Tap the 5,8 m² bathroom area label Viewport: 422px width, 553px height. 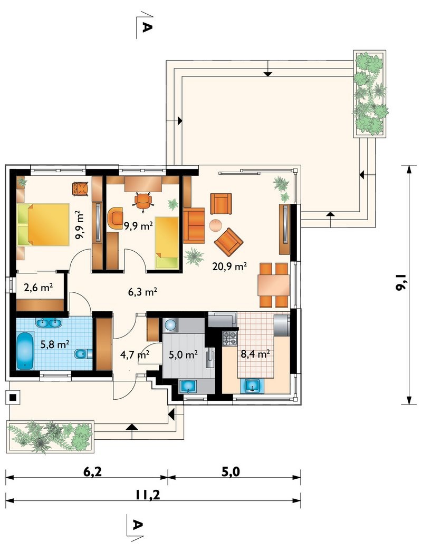[54, 344]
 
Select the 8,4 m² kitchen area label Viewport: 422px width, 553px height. [255, 354]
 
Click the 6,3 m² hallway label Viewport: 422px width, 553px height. [142, 292]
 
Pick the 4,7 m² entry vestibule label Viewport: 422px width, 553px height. [135, 354]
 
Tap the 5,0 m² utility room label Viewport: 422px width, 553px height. [183, 354]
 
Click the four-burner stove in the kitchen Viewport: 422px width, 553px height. [229, 339]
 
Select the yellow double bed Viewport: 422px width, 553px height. [43, 224]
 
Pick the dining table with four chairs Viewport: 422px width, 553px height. [274, 285]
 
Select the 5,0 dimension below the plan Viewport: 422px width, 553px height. [231, 471]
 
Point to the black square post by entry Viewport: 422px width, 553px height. [13, 398]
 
